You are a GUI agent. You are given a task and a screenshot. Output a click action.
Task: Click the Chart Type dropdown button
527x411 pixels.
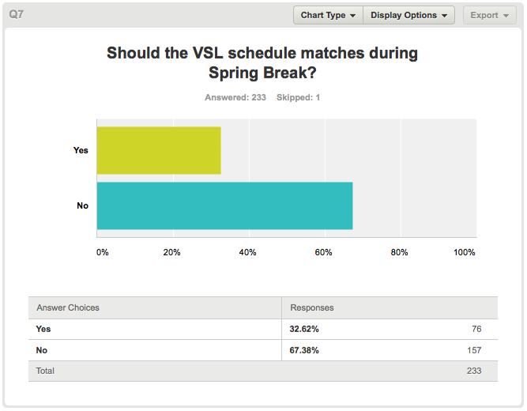coord(328,15)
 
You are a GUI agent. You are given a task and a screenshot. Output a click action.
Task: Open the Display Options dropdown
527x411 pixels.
coord(408,15)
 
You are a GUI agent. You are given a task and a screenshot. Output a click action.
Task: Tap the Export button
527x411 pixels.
coord(489,15)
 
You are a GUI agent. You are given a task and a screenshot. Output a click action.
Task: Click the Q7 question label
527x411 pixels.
coord(16,14)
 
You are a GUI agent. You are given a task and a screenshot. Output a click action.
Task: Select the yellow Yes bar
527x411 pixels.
coord(159,150)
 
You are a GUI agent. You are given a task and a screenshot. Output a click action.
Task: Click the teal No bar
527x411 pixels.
coord(225,205)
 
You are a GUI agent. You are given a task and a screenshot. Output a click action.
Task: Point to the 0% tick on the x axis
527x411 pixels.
coord(103,252)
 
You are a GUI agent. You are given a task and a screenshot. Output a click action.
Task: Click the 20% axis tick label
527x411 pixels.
coord(171,252)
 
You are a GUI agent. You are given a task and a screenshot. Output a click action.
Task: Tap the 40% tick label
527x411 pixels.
coord(248,252)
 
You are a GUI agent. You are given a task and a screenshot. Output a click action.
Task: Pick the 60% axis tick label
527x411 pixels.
coord(323,252)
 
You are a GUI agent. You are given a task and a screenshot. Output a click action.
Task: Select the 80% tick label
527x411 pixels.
coord(399,252)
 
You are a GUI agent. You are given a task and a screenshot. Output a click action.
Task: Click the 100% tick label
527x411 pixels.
coord(464,252)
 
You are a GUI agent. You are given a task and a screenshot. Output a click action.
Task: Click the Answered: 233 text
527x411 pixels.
coord(235,97)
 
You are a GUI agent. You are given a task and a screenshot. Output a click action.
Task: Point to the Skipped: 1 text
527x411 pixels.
coord(298,97)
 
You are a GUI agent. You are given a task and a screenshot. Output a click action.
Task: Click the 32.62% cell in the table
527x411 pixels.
coord(304,329)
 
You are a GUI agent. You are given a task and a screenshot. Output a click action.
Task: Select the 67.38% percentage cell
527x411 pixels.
coord(304,350)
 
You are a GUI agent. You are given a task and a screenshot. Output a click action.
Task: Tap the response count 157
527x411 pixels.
coord(474,350)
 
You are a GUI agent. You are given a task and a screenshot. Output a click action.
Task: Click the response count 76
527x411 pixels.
coord(476,329)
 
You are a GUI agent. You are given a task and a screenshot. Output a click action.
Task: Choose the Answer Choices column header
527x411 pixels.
coord(68,307)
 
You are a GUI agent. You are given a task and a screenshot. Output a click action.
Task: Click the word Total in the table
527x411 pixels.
coord(45,371)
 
